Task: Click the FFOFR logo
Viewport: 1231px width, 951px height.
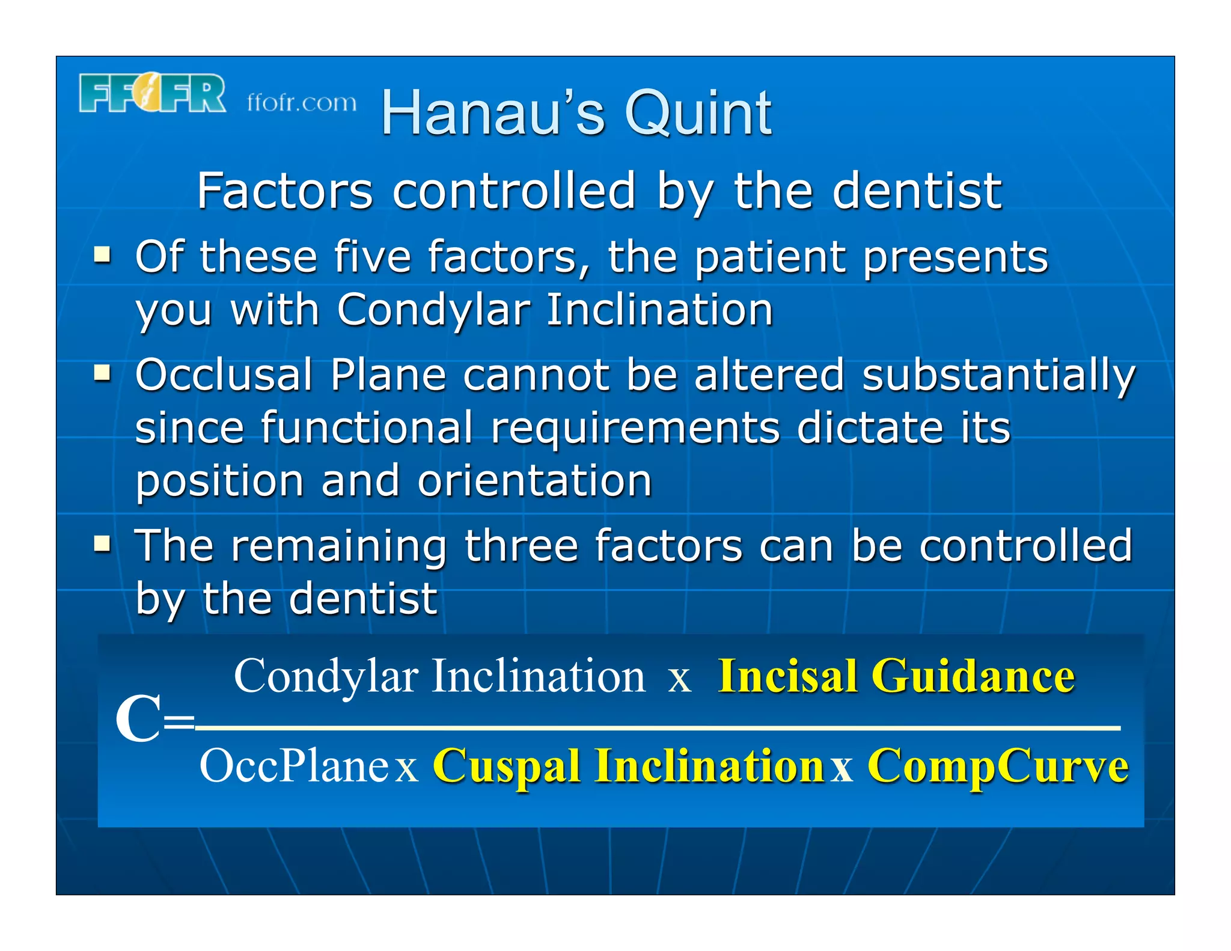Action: coord(152,93)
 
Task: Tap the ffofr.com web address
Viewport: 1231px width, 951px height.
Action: coord(301,103)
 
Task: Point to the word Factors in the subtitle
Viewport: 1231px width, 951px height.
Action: coord(285,191)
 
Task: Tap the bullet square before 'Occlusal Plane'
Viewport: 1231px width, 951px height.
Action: coord(102,373)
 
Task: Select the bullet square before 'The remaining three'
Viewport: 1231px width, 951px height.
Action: coord(102,545)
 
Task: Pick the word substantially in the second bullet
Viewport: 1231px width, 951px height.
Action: coord(998,375)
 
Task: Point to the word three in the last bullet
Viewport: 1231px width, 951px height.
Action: coord(522,546)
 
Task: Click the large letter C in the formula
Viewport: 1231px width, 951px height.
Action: coord(138,719)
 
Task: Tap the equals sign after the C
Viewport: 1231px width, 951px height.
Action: coord(179,721)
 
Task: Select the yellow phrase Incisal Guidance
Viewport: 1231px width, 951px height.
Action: coord(896,676)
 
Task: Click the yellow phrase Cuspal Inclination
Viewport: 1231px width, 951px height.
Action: coord(628,766)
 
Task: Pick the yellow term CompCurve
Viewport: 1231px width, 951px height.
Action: coord(998,766)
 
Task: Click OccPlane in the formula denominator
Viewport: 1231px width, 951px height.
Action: coord(294,766)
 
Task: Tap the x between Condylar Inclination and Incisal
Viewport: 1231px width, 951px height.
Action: coord(680,680)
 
